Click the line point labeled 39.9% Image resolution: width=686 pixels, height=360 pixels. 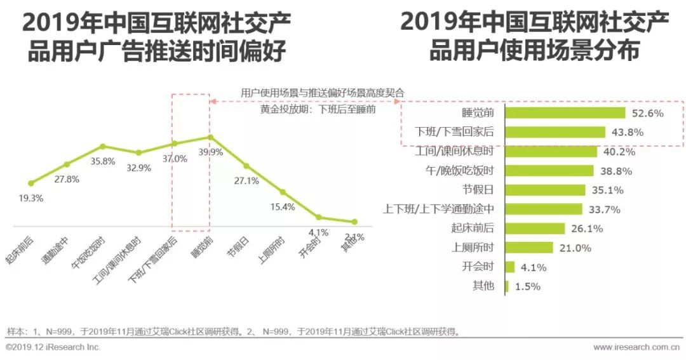pos(210,137)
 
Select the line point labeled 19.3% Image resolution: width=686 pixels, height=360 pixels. pos(30,183)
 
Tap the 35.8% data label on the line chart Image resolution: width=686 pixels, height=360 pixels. pos(103,161)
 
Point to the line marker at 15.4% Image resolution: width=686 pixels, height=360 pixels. pos(283,192)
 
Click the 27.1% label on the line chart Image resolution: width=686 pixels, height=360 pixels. pos(246,181)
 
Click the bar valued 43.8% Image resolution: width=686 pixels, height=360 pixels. pos(556,132)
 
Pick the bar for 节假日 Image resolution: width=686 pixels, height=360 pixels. pos(545,190)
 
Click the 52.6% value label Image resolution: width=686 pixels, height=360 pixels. pos(648,114)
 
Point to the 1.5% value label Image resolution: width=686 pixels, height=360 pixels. pos(528,286)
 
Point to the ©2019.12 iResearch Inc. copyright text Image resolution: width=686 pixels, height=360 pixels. pos(53,347)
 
